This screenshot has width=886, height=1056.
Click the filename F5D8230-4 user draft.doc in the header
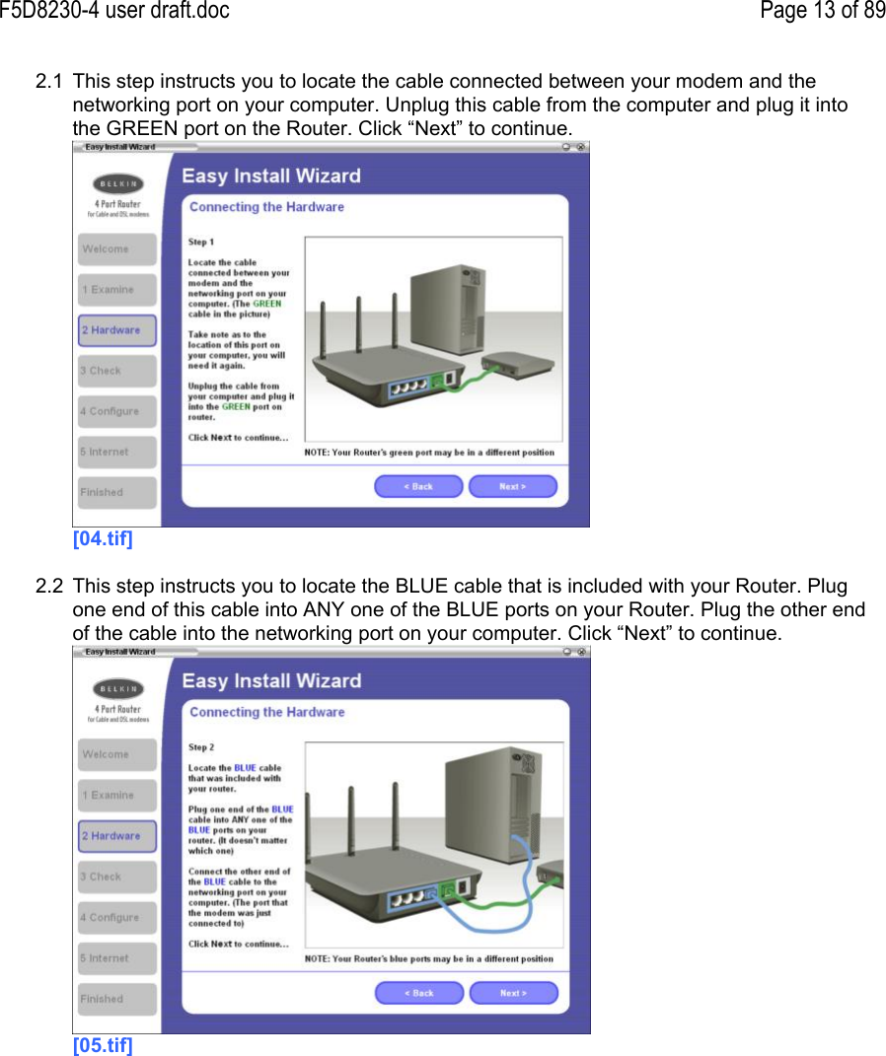[114, 11]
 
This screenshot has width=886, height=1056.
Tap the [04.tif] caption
[103, 539]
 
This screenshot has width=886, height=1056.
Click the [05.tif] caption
[103, 1045]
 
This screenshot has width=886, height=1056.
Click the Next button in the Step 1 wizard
[512, 486]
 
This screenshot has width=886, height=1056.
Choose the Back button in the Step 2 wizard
[418, 992]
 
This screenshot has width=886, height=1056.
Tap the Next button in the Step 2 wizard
[513, 992]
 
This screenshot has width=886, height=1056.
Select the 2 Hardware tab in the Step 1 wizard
[116, 330]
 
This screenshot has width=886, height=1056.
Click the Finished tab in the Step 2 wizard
[116, 999]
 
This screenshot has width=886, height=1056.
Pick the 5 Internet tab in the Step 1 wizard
[116, 452]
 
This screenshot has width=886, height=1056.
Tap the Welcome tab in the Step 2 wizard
[116, 754]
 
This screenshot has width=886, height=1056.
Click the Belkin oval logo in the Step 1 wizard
[117, 184]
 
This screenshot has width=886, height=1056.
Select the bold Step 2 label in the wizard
[201, 747]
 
